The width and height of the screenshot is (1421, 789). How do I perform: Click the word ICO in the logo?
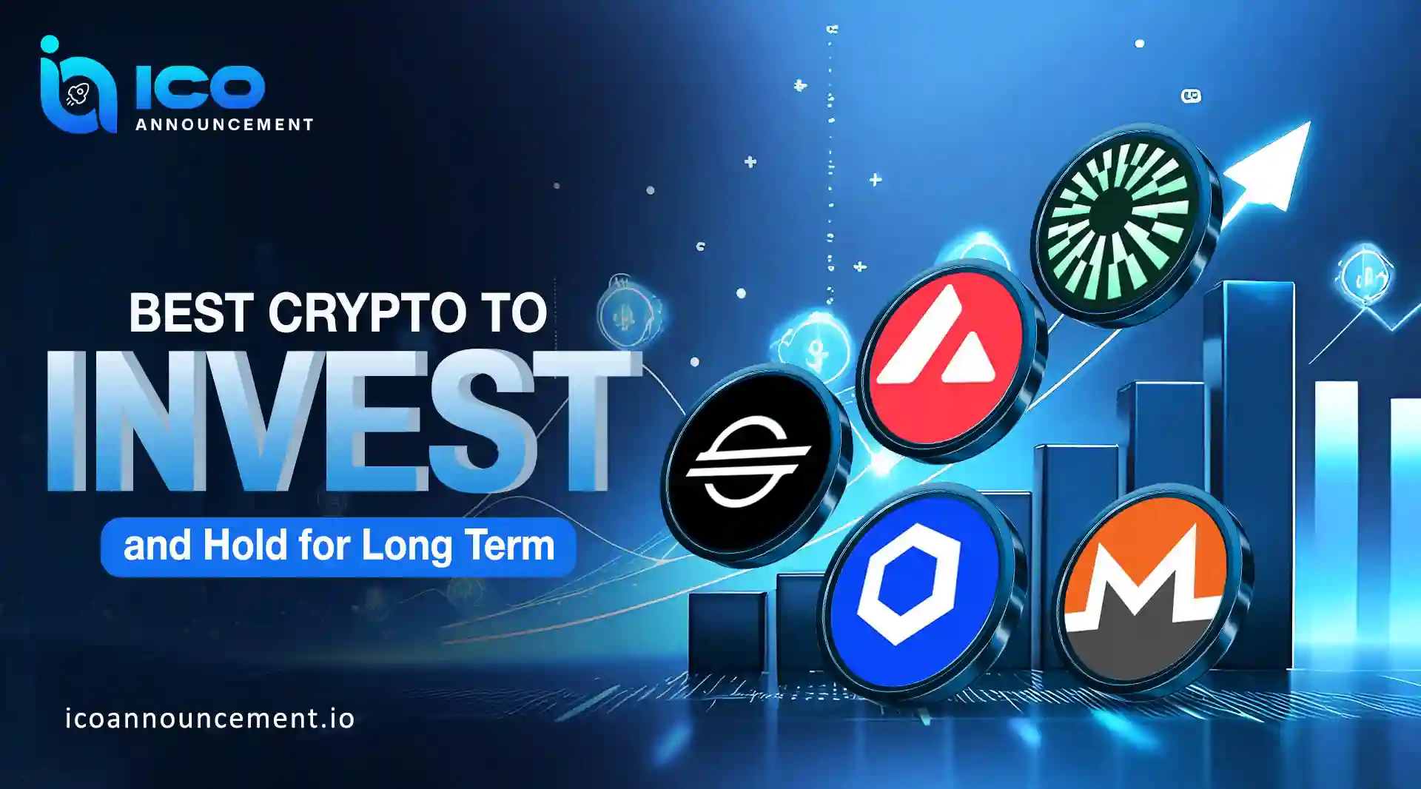click(200, 88)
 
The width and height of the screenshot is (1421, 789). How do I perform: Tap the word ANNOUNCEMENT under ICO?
click(224, 124)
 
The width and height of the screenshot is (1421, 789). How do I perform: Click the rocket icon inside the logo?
click(78, 94)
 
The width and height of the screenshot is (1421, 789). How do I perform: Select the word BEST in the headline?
click(192, 312)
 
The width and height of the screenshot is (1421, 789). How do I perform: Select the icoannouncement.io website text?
click(210, 719)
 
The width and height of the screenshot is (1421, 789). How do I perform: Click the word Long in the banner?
click(406, 545)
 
